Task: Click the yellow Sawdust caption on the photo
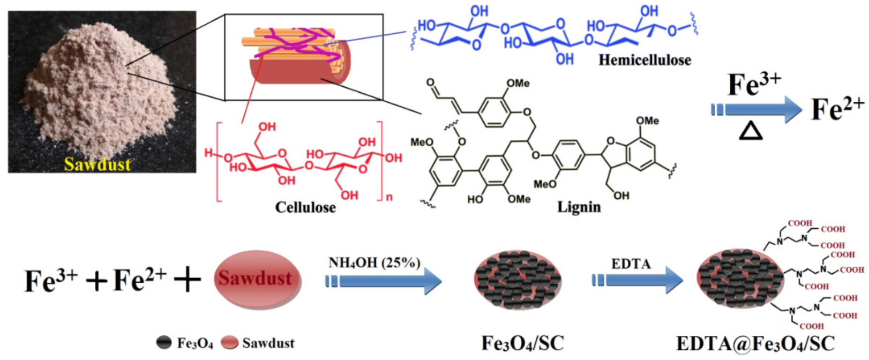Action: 98,164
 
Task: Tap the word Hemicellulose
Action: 645,60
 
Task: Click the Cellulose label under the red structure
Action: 305,207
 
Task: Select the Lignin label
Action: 579,207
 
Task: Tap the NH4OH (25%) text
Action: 374,263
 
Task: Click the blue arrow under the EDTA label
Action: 638,280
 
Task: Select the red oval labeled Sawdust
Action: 257,279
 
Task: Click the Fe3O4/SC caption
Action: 522,343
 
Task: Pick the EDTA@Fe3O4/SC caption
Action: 755,343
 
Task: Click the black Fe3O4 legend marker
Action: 164,343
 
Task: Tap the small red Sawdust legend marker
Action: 230,343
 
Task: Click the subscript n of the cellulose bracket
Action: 389,197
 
